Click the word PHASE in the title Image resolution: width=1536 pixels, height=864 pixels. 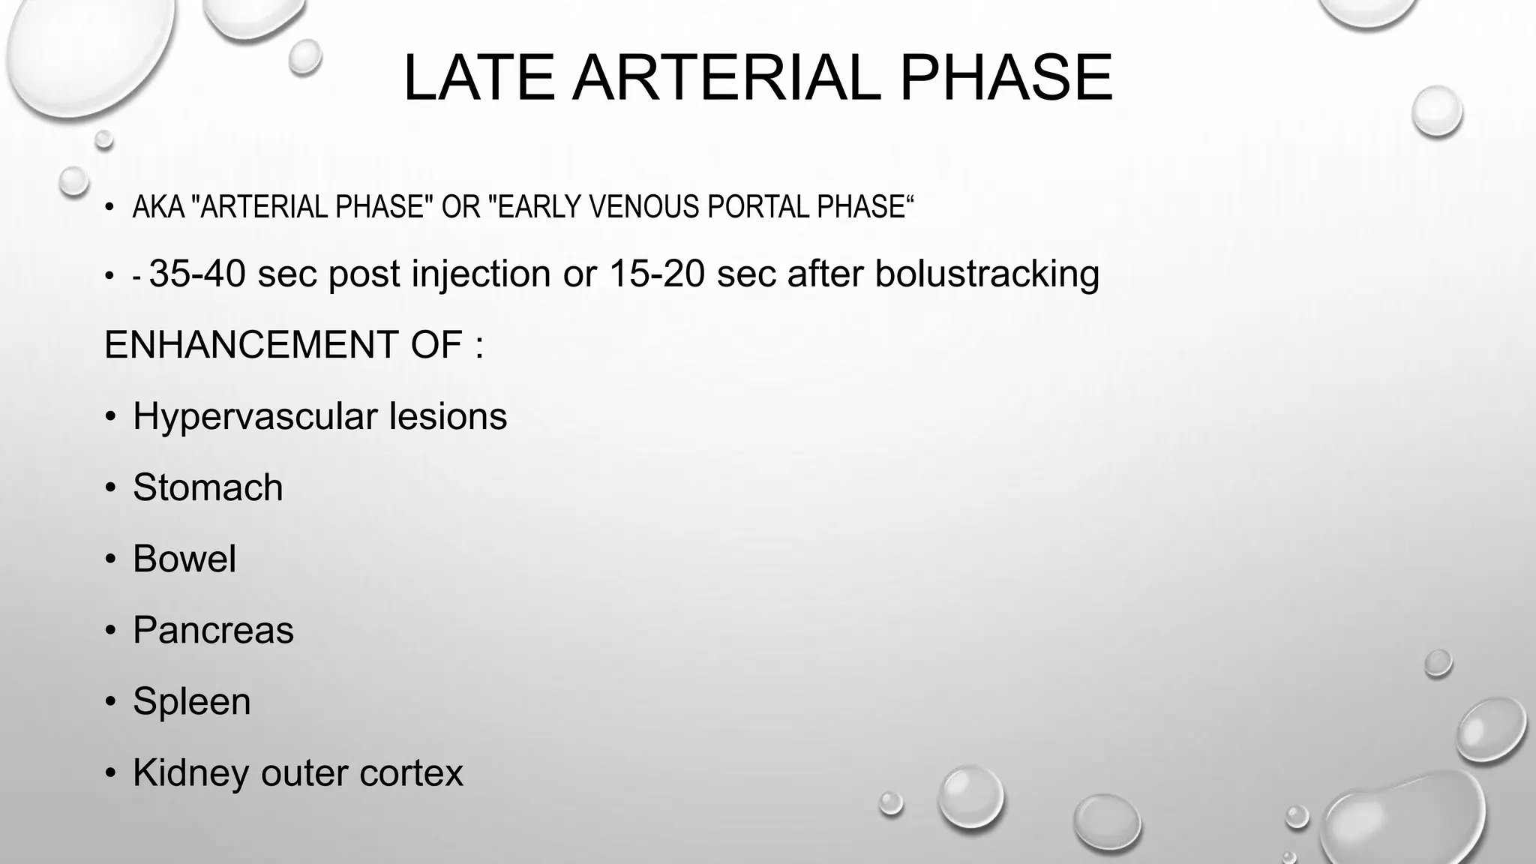tap(1005, 78)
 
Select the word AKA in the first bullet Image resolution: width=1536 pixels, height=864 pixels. tap(158, 207)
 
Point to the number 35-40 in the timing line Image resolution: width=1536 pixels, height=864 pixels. tap(197, 273)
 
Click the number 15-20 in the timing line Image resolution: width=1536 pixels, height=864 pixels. tap(656, 273)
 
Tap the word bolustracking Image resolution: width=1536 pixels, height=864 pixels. tap(986, 273)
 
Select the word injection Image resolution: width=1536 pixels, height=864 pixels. tap(481, 273)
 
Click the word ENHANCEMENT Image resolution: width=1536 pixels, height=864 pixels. tap(251, 345)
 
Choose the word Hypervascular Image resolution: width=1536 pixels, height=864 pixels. tap(254, 416)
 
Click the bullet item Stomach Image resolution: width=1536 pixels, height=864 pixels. tap(208, 487)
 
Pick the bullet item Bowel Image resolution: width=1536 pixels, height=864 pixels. tap(184, 559)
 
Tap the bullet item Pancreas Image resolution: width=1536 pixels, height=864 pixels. tap(213, 630)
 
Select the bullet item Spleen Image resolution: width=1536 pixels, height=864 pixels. tap(191, 701)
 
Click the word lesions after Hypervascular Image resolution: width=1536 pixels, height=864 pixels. tap(448, 416)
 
